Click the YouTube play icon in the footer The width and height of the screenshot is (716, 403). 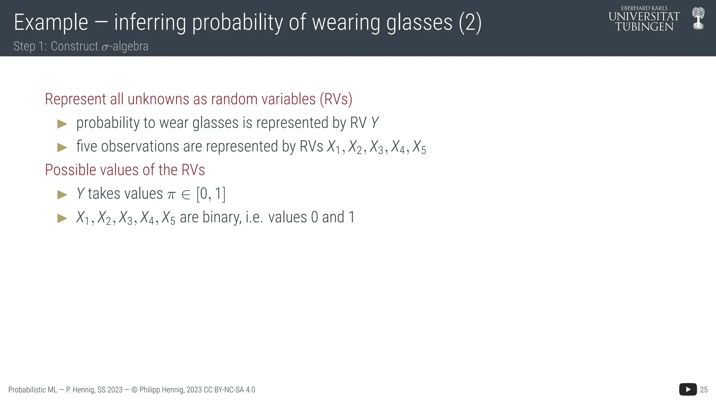click(x=688, y=389)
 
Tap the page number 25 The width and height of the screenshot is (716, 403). click(x=704, y=390)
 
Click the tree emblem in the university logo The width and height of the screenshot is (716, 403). click(x=698, y=19)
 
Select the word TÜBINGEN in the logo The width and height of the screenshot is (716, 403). click(x=644, y=27)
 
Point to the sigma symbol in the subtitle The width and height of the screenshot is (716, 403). click(x=105, y=47)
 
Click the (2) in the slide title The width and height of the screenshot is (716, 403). click(x=470, y=23)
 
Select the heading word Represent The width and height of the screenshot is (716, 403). click(x=76, y=99)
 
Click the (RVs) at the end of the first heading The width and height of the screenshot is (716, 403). click(x=336, y=99)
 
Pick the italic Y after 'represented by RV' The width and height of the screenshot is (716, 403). click(x=375, y=123)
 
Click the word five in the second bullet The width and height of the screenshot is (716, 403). click(x=86, y=146)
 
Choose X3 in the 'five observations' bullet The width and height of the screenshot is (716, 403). click(x=377, y=147)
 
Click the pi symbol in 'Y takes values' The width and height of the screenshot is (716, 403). click(x=171, y=195)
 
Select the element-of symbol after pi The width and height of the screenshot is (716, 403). click(x=186, y=195)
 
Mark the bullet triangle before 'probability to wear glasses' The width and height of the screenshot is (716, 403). click(x=62, y=123)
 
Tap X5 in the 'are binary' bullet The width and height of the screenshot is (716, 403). click(x=169, y=218)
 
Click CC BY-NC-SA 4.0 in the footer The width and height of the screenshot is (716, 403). click(x=229, y=390)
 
